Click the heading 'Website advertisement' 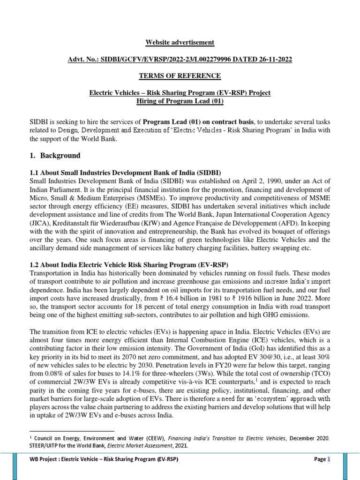(180, 43)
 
